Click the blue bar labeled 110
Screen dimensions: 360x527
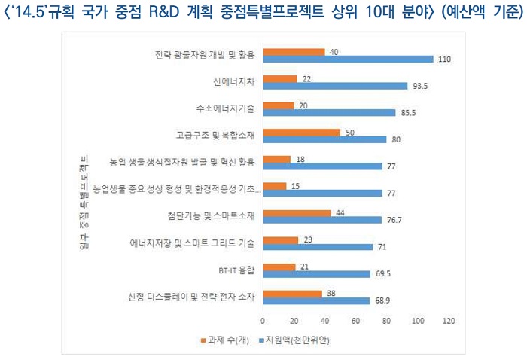[x=349, y=59]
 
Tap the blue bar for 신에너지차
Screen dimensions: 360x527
[x=337, y=86]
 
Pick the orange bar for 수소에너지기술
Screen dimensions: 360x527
[x=279, y=105]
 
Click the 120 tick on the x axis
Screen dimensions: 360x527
[x=449, y=320]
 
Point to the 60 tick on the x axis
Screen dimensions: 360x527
[x=356, y=320]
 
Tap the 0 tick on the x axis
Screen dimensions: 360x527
[x=263, y=320]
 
